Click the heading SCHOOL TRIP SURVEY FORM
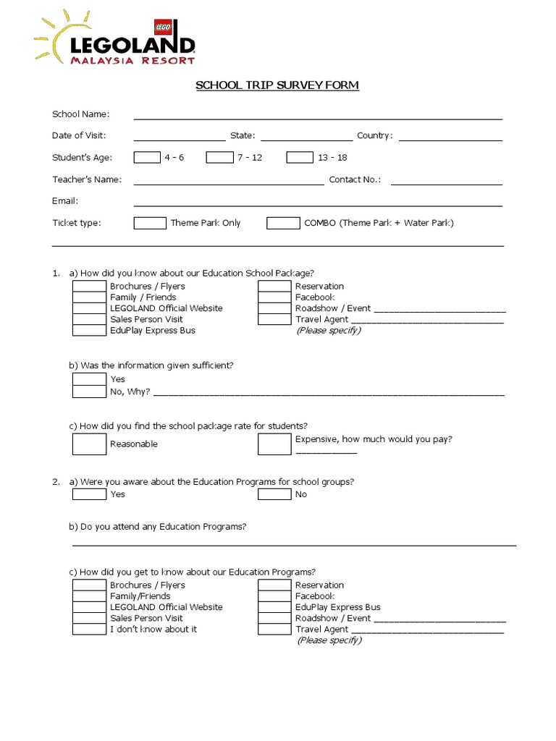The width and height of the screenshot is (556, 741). click(277, 85)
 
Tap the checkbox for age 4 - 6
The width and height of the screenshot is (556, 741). click(147, 157)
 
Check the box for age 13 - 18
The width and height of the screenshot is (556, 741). click(300, 157)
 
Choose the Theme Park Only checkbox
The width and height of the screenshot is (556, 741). click(150, 223)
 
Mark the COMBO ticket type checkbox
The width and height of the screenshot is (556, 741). click(283, 223)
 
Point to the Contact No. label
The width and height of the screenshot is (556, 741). click(355, 179)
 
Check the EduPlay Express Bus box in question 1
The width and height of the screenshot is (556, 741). click(89, 331)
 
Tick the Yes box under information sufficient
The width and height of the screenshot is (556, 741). click(89, 379)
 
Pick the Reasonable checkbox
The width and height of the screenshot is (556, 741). click(89, 444)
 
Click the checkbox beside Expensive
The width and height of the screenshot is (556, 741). click(274, 444)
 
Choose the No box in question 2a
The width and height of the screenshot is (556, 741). click(274, 494)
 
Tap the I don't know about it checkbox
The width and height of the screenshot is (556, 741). click(89, 630)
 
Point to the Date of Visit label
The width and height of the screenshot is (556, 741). click(79, 135)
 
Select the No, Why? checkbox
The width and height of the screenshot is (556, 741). click(89, 391)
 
